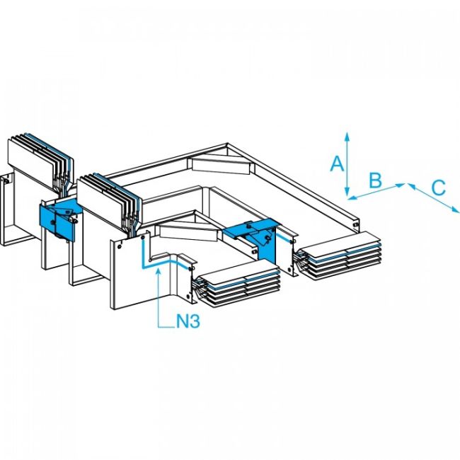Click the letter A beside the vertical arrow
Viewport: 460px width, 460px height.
(x=338, y=164)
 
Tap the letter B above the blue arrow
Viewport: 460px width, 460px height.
(x=376, y=180)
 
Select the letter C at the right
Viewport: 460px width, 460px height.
(x=438, y=188)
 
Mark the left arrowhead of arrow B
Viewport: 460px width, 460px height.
(x=352, y=198)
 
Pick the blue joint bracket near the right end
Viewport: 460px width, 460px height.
(x=258, y=237)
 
